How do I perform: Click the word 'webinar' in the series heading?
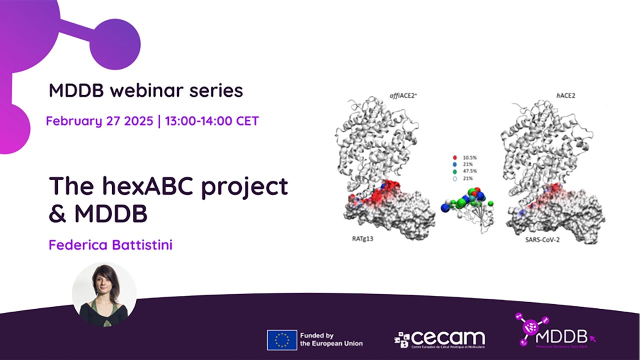tap(143, 90)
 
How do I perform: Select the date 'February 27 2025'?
tap(99, 121)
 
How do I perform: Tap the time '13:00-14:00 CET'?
tap(211, 121)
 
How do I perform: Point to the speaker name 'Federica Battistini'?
tap(110, 245)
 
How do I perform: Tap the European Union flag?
tap(281, 339)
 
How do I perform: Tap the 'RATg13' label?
tap(360, 238)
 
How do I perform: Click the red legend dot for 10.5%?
tap(454, 157)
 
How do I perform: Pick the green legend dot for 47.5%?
tap(454, 172)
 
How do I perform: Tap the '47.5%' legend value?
tap(470, 172)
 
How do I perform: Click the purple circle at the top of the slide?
tap(115, 44)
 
